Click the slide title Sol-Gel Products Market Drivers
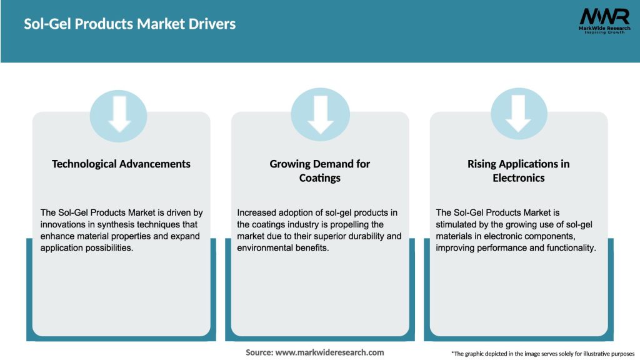tap(130, 24)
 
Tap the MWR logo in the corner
tap(604, 21)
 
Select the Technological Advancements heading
tap(121, 164)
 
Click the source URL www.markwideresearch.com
tap(329, 352)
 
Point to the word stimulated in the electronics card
tap(459, 224)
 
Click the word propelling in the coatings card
tap(364, 224)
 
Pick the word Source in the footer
tap(259, 352)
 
